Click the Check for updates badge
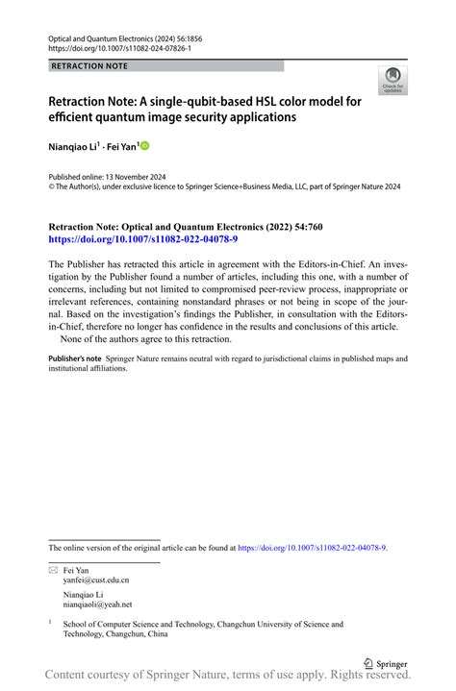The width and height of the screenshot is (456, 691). coord(393,80)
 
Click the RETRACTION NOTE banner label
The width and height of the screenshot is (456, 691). coord(89,66)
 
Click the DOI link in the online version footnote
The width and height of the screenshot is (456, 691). coord(312,547)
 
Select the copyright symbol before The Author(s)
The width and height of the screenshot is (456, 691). coord(52,187)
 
